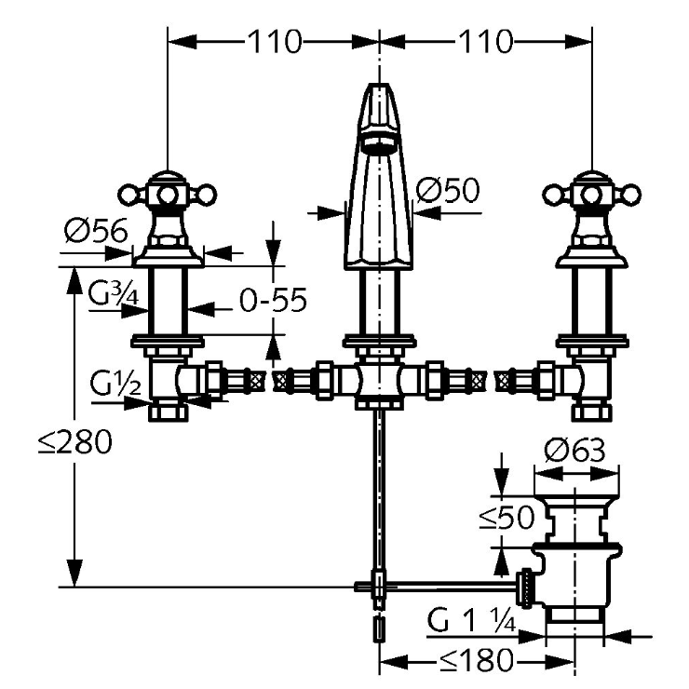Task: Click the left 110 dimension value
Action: (274, 41)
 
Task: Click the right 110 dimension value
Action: (485, 41)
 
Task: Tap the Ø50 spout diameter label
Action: (447, 192)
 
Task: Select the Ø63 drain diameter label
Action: (574, 453)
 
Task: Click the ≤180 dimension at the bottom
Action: (475, 661)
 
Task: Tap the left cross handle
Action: (168, 194)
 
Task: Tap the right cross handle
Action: (591, 194)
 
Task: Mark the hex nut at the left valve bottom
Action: (168, 412)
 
